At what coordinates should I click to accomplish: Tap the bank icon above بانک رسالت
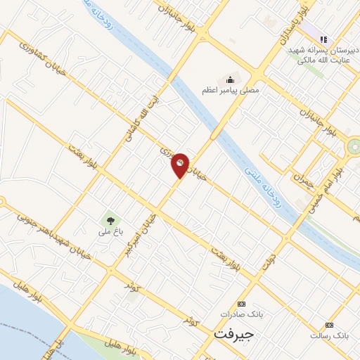click(x=330, y=325)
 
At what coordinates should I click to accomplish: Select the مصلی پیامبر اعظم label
click(x=230, y=90)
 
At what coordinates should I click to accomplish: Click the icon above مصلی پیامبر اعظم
click(x=229, y=79)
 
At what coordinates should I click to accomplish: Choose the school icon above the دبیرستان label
click(x=323, y=39)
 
